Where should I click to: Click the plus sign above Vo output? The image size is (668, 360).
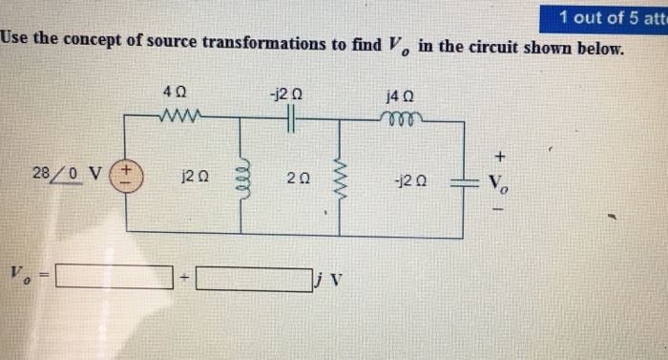[498, 155]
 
